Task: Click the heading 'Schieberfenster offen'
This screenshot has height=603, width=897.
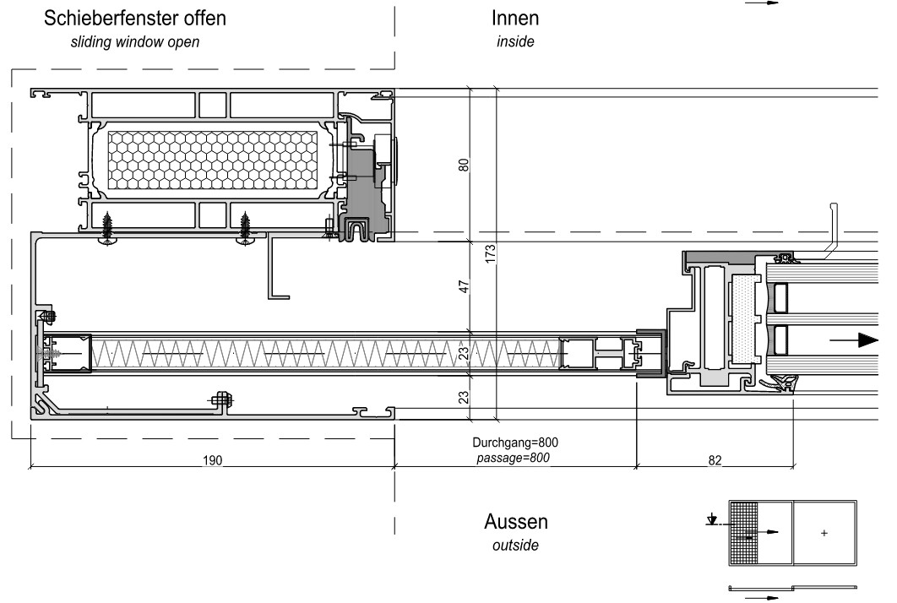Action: pos(135,19)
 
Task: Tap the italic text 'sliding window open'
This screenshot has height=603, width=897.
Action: pos(135,41)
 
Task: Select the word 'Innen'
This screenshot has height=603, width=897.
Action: pos(515,19)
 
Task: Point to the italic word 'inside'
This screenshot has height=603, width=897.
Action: pos(515,41)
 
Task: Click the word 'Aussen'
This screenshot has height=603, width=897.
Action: pos(516,522)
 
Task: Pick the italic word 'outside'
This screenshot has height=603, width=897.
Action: pos(515,545)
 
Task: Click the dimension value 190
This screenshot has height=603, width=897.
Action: pos(212,460)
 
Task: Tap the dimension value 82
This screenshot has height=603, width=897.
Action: pos(715,460)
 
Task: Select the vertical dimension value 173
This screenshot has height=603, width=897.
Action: pos(490,254)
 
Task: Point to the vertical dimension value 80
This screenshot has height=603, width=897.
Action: pos(464,165)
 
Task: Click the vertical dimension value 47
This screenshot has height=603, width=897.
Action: pos(464,286)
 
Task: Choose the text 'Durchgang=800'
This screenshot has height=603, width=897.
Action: pos(515,443)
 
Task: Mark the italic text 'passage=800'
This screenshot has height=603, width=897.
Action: pos(514,458)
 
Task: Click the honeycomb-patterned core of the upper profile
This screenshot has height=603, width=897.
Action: pos(212,160)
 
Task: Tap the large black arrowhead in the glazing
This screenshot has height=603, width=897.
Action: pos(868,340)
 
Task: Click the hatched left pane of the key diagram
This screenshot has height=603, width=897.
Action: pos(743,533)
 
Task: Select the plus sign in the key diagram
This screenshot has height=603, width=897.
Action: pos(824,533)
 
